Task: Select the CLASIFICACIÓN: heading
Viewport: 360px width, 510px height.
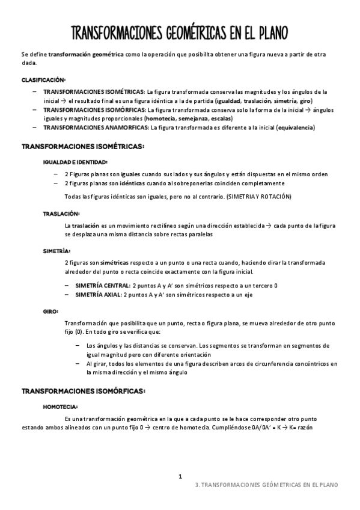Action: tap(44, 80)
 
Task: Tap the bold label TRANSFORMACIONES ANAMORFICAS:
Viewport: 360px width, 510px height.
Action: tap(96, 127)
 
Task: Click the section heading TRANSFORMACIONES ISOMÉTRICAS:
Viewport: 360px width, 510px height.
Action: tap(83, 146)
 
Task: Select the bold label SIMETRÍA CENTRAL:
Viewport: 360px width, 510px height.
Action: tap(103, 285)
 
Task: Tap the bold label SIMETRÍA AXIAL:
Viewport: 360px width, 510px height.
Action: tap(99, 295)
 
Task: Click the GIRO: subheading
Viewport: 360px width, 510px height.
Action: tap(50, 312)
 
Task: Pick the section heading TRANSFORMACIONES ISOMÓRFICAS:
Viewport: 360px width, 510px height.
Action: tap(84, 391)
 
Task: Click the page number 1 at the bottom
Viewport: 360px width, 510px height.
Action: tap(180, 476)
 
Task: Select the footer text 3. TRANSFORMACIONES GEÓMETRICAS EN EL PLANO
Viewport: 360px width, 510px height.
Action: tap(267, 485)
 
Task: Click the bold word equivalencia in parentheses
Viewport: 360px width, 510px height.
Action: tap(294, 127)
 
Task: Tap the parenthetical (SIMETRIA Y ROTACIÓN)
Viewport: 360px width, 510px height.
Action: tap(254, 196)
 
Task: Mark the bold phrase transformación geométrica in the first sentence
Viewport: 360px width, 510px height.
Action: tap(86, 54)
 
